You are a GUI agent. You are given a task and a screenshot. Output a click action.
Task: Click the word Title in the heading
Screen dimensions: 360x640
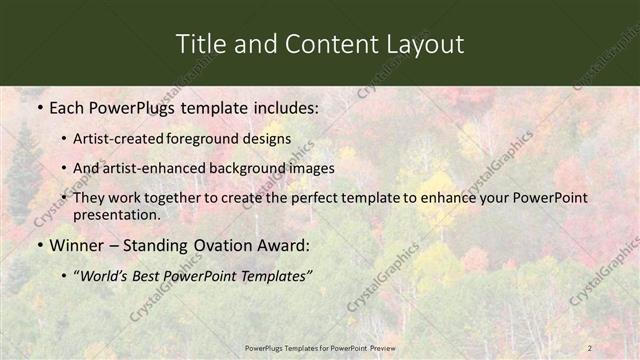[198, 45]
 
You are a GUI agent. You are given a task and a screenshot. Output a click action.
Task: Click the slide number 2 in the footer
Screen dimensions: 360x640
[590, 347]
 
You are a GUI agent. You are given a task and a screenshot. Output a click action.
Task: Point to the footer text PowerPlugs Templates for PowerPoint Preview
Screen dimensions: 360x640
[320, 347]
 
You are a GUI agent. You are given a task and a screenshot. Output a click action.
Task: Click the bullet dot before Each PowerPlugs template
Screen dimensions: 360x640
[39, 106]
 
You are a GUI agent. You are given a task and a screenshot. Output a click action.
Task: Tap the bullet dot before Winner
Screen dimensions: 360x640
[39, 246]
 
